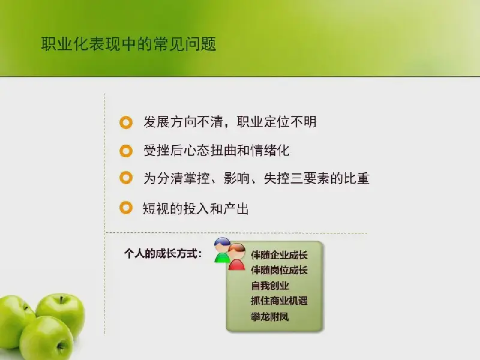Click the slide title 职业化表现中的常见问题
coord(128,44)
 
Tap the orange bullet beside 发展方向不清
coord(126,122)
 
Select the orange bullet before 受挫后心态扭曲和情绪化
coord(126,151)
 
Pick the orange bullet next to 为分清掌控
coord(126,178)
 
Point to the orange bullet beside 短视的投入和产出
coord(126,208)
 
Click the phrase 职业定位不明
coord(277,122)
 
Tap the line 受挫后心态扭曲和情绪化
coord(217,151)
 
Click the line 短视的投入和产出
coord(196,208)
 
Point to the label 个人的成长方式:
coord(163,253)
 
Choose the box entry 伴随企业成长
coord(279,254)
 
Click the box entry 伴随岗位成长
coord(279,270)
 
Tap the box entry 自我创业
coord(270,286)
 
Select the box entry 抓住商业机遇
coord(279,301)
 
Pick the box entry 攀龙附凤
coord(270,316)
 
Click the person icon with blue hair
coord(222,250)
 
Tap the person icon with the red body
coord(236,257)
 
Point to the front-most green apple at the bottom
coord(47,338)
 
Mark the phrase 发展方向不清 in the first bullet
coord(183,122)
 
